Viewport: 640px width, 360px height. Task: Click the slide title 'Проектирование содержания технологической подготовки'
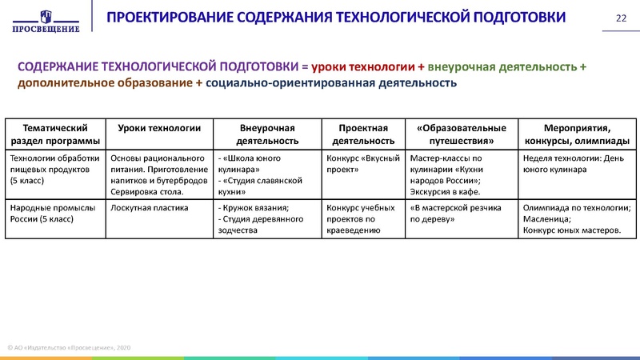coord(337,18)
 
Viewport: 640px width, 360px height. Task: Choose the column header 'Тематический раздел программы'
coord(55,134)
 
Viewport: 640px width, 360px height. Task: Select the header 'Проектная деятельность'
coord(362,134)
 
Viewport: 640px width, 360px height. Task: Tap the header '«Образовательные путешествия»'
coord(461,134)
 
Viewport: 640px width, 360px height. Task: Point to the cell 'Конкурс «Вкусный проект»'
coord(362,163)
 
